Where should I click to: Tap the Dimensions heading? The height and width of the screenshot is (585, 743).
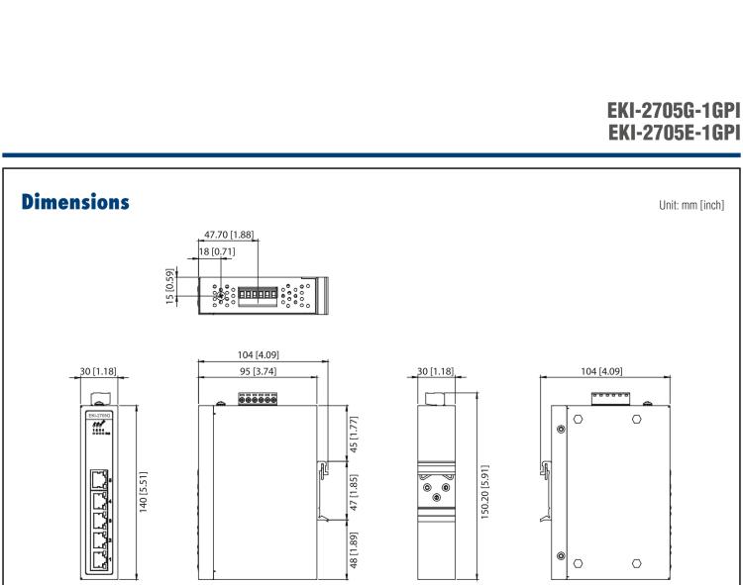[73, 202]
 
